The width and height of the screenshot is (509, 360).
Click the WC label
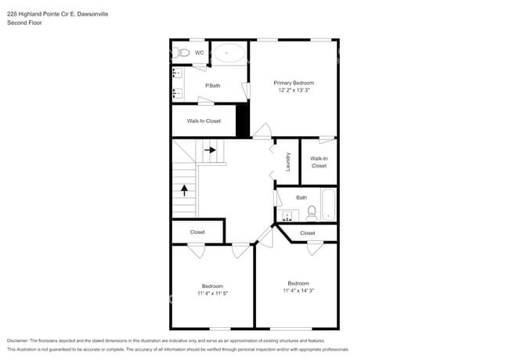[x=199, y=53]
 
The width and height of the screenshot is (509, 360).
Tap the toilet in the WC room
[x=183, y=53]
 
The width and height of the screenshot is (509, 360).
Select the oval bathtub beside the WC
[x=229, y=53]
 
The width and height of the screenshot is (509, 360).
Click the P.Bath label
[x=212, y=85]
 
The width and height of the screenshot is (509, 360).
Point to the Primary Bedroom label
[x=294, y=82]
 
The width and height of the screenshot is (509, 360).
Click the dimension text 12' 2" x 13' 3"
[x=294, y=90]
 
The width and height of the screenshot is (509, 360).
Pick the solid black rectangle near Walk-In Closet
[x=242, y=121]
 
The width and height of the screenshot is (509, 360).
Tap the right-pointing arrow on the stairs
[x=210, y=149]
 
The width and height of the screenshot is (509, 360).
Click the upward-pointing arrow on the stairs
[x=185, y=189]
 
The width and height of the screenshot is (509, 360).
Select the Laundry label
[x=288, y=161]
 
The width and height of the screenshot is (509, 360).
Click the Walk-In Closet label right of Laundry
[x=319, y=162]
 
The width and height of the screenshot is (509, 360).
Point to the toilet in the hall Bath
[x=311, y=211]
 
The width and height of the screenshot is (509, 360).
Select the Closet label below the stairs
[x=197, y=232]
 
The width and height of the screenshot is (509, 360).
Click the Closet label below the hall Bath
[x=308, y=233]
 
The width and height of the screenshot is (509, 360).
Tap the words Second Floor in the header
[x=24, y=23]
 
